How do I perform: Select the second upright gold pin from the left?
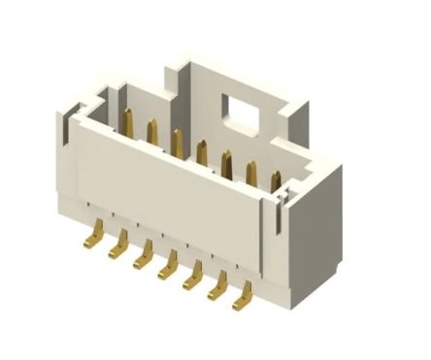pos(152,133)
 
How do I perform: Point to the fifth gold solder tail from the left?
pos(194,274)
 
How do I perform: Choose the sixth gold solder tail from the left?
pos(220,283)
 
